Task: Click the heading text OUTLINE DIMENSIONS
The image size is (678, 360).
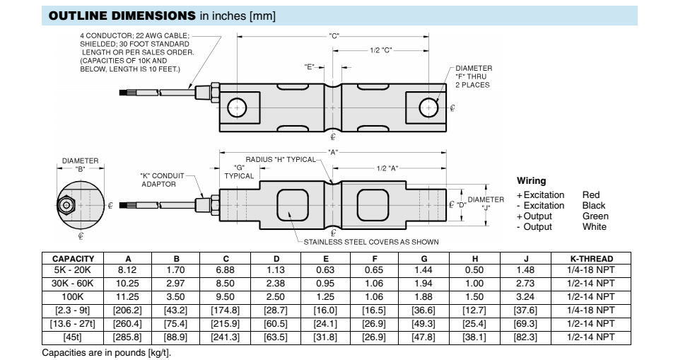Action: click(x=121, y=16)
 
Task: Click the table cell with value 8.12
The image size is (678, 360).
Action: click(x=127, y=270)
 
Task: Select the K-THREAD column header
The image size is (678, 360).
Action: click(x=591, y=259)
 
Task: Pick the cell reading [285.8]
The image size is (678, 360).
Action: click(x=127, y=337)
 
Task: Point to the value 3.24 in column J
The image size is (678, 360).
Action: click(x=526, y=297)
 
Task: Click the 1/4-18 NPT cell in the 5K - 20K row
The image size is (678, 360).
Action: click(x=591, y=270)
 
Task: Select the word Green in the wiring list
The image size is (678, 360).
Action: click(x=595, y=216)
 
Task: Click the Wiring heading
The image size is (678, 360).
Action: click(x=531, y=181)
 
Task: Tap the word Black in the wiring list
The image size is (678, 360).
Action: click(x=594, y=206)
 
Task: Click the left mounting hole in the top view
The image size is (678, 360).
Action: click(x=236, y=108)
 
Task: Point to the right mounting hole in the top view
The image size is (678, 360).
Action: click(x=428, y=108)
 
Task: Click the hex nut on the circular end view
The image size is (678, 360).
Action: click(x=66, y=204)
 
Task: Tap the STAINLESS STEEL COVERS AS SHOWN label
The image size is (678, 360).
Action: click(x=371, y=242)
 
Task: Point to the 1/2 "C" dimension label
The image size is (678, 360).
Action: click(x=380, y=50)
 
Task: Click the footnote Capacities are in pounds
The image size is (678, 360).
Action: click(x=107, y=353)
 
